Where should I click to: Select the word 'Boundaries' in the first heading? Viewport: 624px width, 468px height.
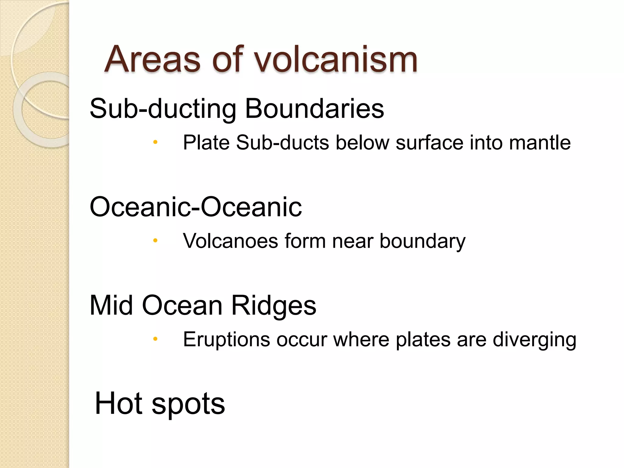coord(314,109)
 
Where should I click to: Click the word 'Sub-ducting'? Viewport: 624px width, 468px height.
coord(163,109)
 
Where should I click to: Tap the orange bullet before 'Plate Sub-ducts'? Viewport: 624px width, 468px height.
coord(155,142)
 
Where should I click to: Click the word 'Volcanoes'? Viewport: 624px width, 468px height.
coord(230,241)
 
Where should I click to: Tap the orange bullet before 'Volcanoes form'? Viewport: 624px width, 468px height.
coord(155,241)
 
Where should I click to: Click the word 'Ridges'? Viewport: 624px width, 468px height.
coord(274,306)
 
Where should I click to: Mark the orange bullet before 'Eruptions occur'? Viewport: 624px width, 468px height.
coord(155,339)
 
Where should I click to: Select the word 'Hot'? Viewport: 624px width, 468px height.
coord(119,403)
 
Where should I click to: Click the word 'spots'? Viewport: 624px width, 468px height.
coord(188,404)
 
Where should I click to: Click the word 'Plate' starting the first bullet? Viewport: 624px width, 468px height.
coord(206,142)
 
